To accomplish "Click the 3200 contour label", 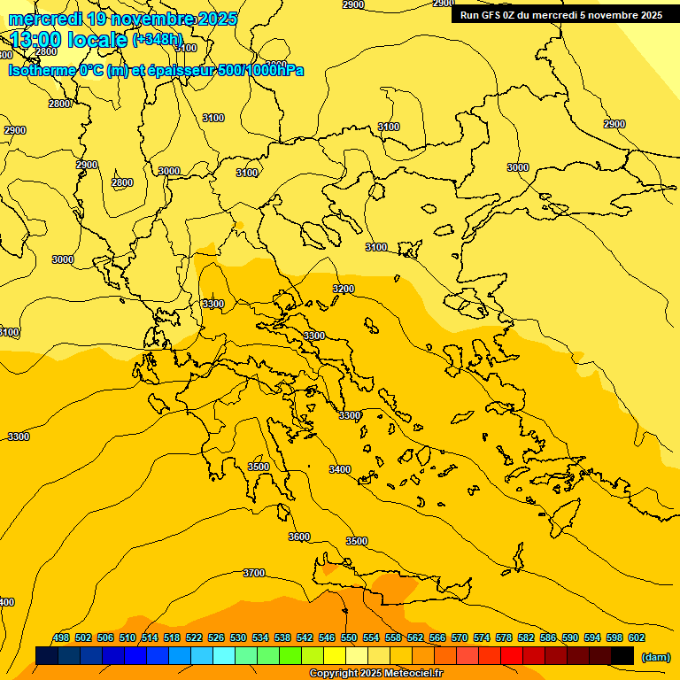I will pyautogui.click(x=344, y=290).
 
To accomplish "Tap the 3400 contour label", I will pyautogui.click(x=339, y=470).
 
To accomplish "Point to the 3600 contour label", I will pyautogui.click(x=299, y=537).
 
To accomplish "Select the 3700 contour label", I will pyautogui.click(x=254, y=573).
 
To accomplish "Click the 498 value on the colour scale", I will pyautogui.click(x=61, y=637).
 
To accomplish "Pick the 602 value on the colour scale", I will pyautogui.click(x=637, y=637).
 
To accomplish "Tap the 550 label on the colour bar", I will pyautogui.click(x=349, y=637).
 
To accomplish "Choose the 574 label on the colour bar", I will pyautogui.click(x=482, y=637).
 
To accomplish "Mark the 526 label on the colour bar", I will pyautogui.click(x=216, y=637).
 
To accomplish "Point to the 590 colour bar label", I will pyautogui.click(x=570, y=637).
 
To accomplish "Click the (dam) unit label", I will pyautogui.click(x=656, y=656).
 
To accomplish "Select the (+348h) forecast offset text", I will pyautogui.click(x=157, y=40).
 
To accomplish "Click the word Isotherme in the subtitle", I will pyautogui.click(x=41, y=71).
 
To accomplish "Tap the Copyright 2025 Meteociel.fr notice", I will pyautogui.click(x=375, y=674).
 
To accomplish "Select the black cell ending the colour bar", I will pyautogui.click(x=622, y=655).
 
